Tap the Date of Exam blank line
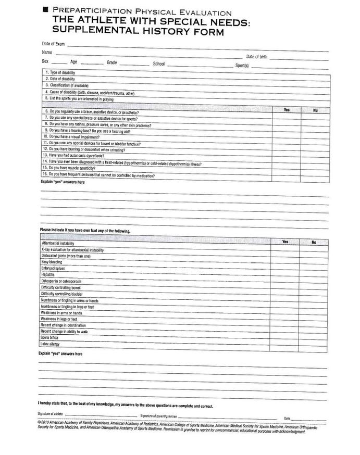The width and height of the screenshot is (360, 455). pyautogui.click(x=198, y=45)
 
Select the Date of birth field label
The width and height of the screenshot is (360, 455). pyautogui.click(x=257, y=57)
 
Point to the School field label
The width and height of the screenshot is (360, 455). pyautogui.click(x=159, y=64)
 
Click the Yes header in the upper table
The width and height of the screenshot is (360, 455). pyautogui.click(x=287, y=110)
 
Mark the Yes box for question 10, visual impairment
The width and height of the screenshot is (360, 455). pyautogui.click(x=287, y=137)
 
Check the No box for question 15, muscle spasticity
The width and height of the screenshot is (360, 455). pyautogui.click(x=316, y=169)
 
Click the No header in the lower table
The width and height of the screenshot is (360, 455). pyautogui.click(x=314, y=242)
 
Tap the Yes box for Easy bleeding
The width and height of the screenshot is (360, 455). pyautogui.click(x=284, y=262)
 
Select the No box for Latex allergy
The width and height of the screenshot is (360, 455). pyautogui.click(x=314, y=345)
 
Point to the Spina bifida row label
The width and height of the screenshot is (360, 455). pyautogui.click(x=49, y=338)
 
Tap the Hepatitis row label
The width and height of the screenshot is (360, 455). pyautogui.click(x=48, y=275)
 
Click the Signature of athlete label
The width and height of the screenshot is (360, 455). pyautogui.click(x=50, y=414)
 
